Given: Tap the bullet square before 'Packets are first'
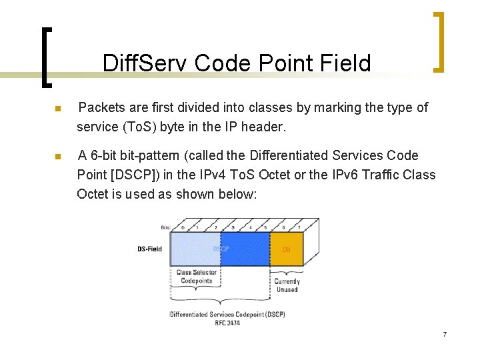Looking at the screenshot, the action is (58, 109).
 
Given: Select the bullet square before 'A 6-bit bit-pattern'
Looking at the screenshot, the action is (58, 157).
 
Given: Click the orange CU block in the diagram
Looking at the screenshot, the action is (287, 249).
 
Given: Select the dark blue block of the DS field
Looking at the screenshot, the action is (245, 249).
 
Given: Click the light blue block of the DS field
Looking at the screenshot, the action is (195, 249).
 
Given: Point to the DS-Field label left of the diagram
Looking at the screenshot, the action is (149, 249).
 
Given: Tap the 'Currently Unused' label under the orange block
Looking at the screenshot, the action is (287, 285).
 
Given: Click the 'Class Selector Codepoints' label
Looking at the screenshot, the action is (195, 277).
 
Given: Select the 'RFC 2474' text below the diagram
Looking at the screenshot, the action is (227, 323).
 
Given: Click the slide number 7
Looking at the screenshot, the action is (444, 333).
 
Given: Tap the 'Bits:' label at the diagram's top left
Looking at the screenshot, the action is (165, 227).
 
